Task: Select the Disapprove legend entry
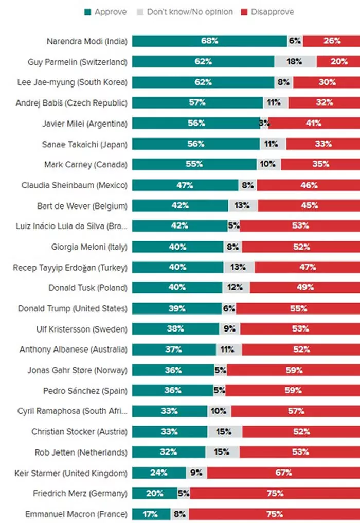pyautogui.click(x=267, y=11)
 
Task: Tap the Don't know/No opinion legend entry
pyautogui.click(x=185, y=11)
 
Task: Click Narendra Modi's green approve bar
pyautogui.click(x=209, y=41)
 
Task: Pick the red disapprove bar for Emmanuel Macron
pyautogui.click(x=274, y=514)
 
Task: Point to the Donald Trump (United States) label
pyautogui.click(x=73, y=308)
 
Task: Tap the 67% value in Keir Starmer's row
pyautogui.click(x=283, y=473)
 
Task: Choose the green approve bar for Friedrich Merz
pyautogui.click(x=154, y=493)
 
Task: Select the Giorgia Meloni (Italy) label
pyautogui.click(x=89, y=247)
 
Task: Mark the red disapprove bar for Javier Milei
pyautogui.click(x=314, y=123)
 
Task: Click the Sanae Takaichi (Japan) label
pyautogui.click(x=84, y=144)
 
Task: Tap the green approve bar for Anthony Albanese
pyautogui.click(x=174, y=350)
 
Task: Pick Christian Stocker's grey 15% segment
pyautogui.click(x=225, y=431)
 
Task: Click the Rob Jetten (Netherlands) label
pyautogui.click(x=81, y=452)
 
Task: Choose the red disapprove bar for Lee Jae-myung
pyautogui.click(x=327, y=82)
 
